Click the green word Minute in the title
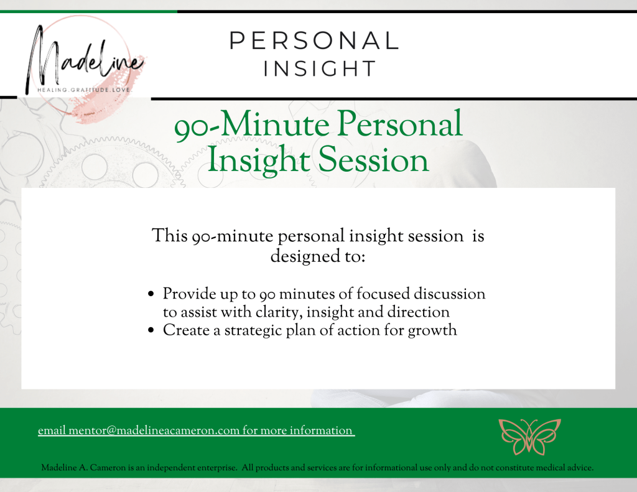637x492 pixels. [274, 125]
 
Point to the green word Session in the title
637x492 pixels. [373, 160]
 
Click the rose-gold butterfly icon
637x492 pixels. [529, 437]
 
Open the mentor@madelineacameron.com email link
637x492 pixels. [197, 430]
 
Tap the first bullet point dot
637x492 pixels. [151, 294]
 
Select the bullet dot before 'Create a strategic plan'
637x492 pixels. [151, 330]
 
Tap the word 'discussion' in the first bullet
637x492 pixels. [449, 294]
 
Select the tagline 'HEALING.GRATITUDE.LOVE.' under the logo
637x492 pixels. [84, 90]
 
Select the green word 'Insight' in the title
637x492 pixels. [259, 160]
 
